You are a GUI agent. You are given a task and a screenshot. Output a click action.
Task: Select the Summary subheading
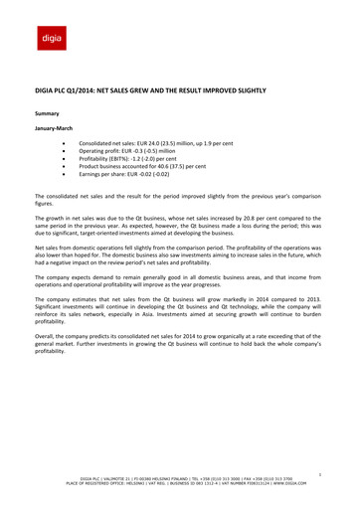(50, 115)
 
